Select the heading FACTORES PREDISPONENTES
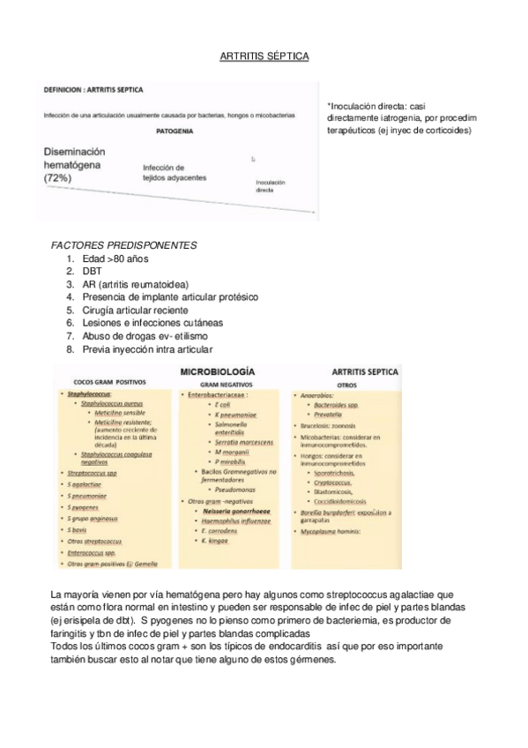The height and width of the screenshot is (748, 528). click(124, 244)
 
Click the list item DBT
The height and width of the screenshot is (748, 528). click(92, 272)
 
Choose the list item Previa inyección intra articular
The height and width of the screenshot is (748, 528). click(151, 350)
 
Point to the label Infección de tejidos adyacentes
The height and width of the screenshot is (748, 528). click(175, 172)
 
